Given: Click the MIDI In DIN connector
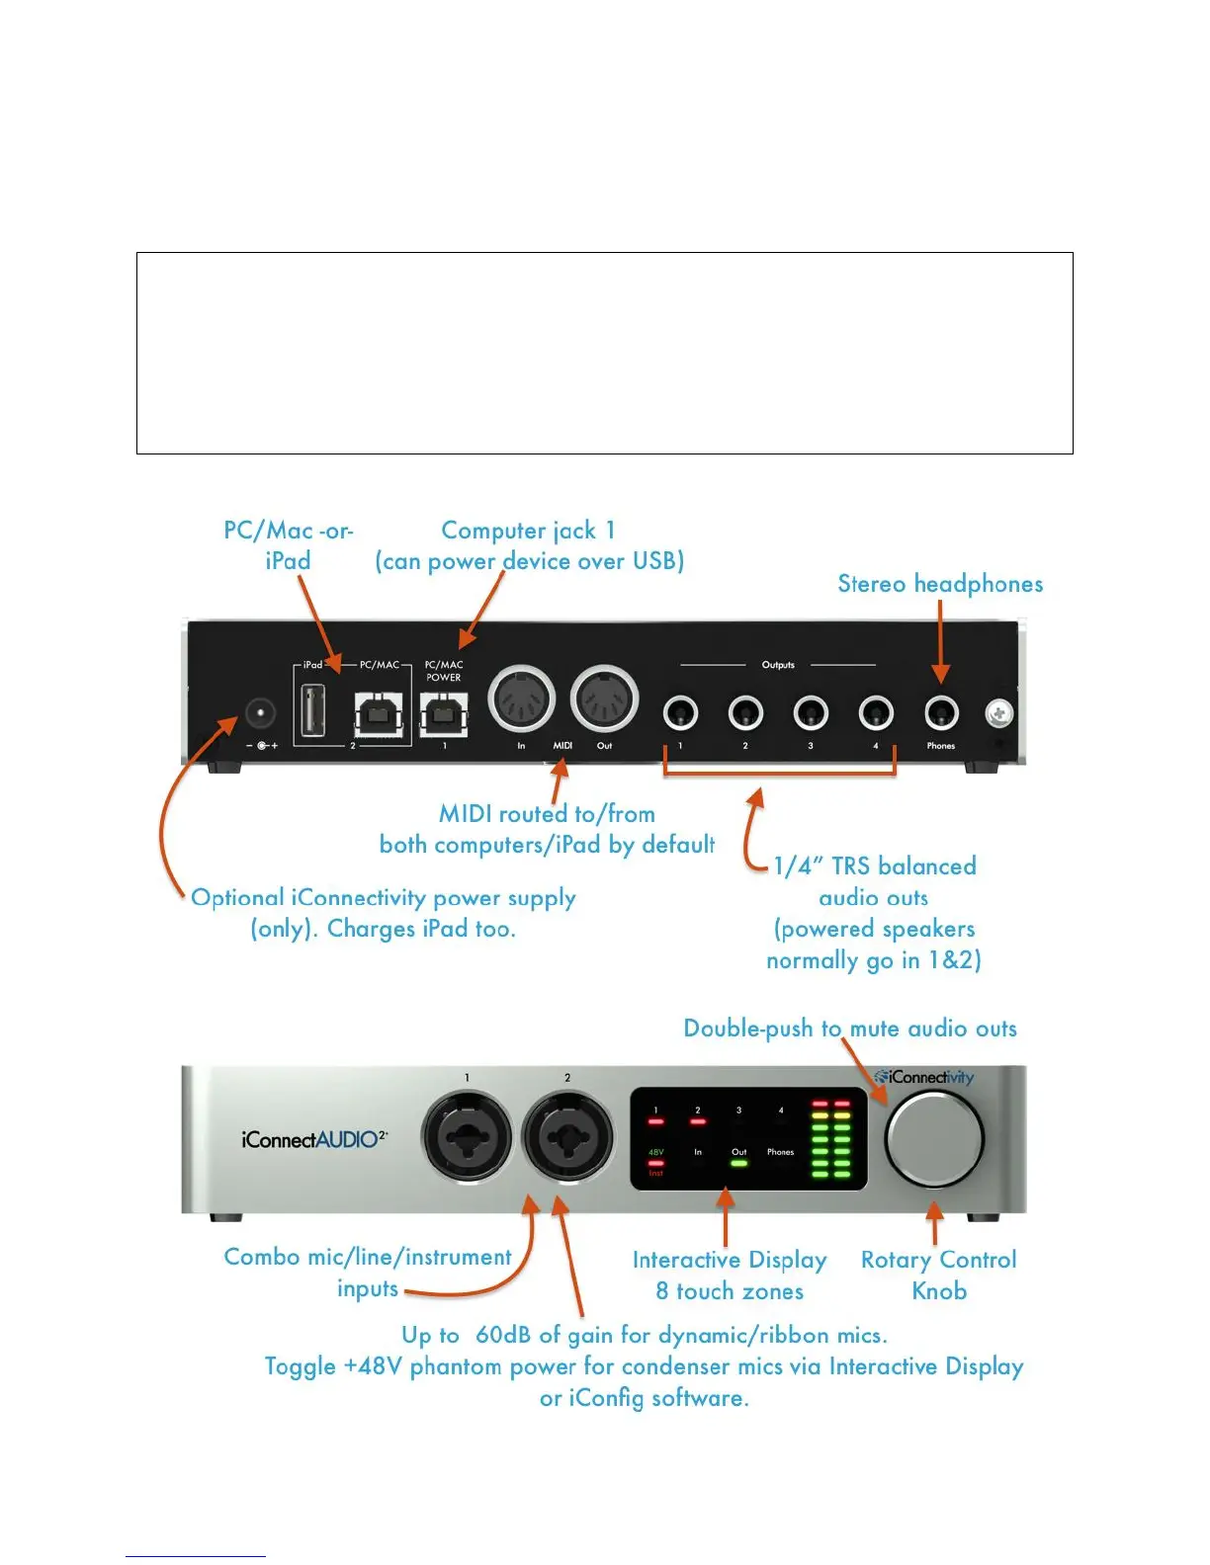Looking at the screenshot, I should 522,699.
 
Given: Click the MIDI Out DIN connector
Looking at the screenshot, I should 604,699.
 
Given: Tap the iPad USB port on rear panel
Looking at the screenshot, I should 312,709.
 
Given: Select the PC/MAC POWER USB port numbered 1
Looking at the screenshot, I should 444,712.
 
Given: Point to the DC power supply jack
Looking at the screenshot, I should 260,712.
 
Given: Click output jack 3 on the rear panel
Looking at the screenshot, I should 811,711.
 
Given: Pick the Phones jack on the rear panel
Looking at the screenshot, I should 941,711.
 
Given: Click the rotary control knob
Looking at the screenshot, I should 933,1138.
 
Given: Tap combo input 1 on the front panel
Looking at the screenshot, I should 467,1137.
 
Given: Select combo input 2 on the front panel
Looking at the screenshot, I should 567,1137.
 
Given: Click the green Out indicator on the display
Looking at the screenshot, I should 738,1163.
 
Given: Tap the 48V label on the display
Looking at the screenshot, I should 655,1152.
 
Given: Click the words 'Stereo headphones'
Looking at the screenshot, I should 940,584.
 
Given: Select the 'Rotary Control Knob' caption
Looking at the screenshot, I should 938,1275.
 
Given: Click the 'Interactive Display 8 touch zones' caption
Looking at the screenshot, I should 730,1275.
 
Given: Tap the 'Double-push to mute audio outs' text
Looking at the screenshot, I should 850,1029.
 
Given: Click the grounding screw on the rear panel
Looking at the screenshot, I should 998,712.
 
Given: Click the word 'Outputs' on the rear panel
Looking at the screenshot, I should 778,665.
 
